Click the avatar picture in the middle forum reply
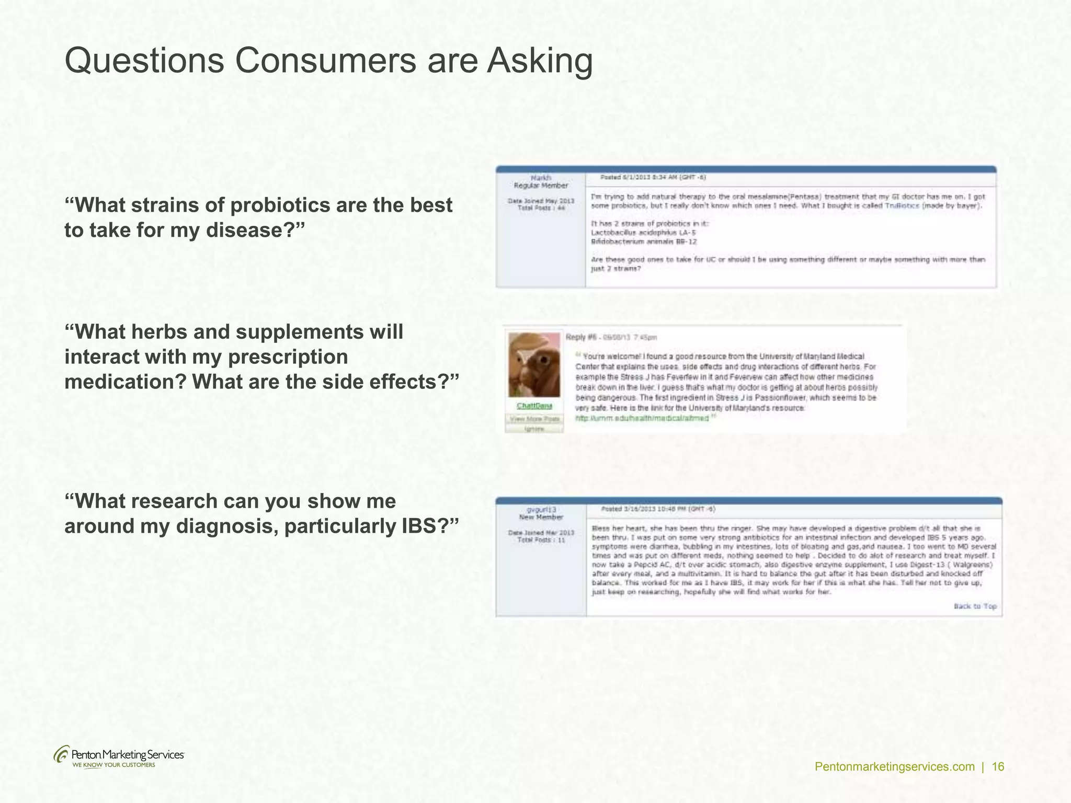click(x=534, y=365)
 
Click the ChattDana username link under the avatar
click(x=534, y=406)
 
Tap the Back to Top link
click(x=975, y=606)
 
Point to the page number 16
click(x=998, y=767)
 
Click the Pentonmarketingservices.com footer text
click(x=895, y=767)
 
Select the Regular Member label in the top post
click(x=541, y=186)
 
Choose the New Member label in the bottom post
click(x=541, y=518)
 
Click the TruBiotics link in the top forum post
click(x=902, y=206)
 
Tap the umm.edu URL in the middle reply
click(x=642, y=418)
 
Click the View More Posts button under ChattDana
click(x=534, y=419)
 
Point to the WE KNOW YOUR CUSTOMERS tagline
click(x=113, y=765)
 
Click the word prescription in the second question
click(x=288, y=357)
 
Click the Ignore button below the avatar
click(x=534, y=429)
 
